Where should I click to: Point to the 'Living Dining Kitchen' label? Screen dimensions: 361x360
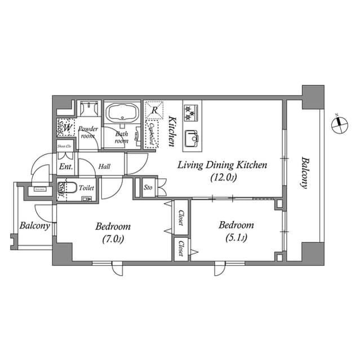222,165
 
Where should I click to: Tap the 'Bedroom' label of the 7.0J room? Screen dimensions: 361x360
113,226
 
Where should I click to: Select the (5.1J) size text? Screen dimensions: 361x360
236,237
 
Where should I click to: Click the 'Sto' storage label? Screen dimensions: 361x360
148,187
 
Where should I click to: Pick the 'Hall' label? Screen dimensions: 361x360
104,167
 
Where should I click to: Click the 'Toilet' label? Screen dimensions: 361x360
87,187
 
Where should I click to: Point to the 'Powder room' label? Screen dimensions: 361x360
88,132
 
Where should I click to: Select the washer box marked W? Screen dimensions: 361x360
68,128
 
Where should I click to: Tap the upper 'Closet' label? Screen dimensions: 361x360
181,218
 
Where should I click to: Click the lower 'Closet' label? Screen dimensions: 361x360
181,249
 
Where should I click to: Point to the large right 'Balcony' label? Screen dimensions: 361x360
304,172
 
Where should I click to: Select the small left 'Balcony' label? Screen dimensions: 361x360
34,226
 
